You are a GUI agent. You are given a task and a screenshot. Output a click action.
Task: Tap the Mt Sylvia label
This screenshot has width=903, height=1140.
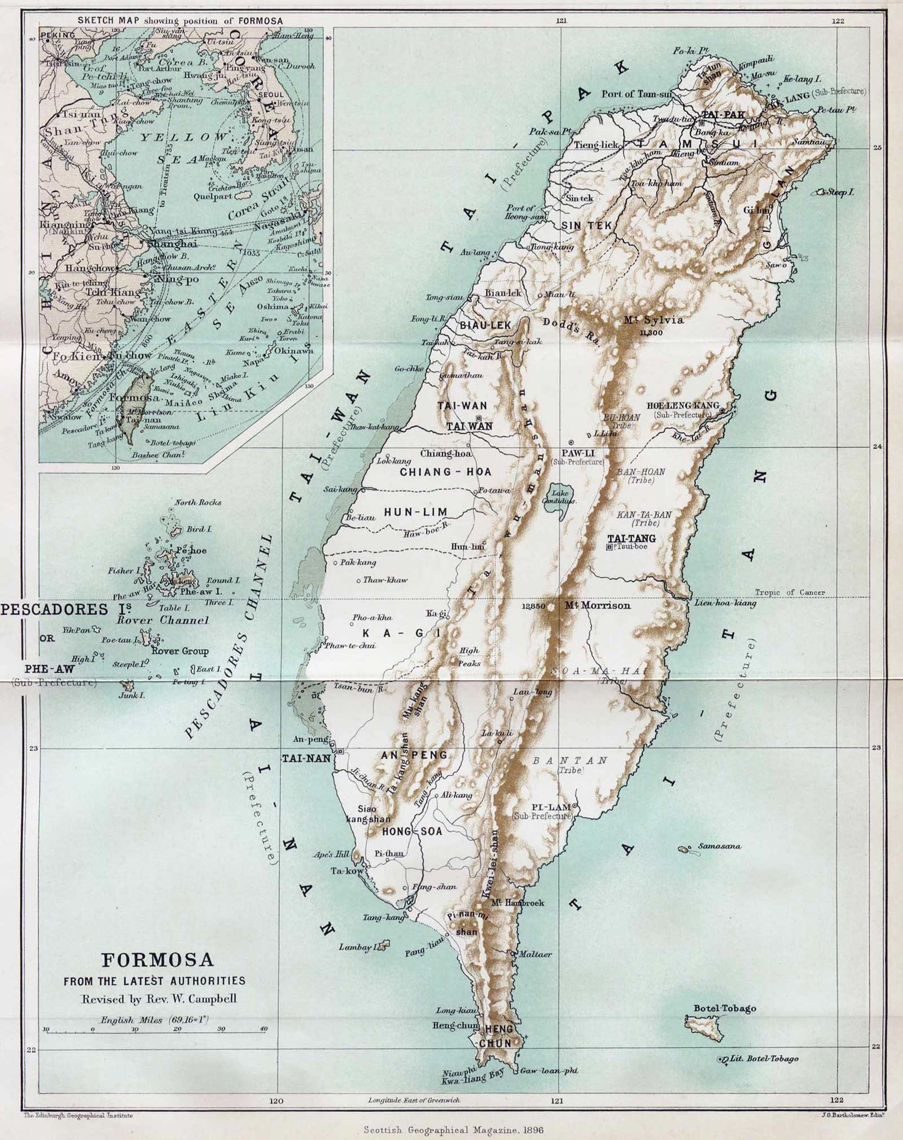pos(654,320)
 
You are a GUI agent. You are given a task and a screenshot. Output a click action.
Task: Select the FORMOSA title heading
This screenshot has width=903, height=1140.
pos(157,959)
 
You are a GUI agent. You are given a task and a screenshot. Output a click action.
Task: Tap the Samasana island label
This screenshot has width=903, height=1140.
pos(720,847)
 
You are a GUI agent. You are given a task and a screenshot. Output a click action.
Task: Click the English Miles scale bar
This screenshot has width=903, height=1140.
pos(155,1030)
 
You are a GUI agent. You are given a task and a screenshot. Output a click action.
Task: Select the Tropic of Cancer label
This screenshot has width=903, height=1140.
pos(790,592)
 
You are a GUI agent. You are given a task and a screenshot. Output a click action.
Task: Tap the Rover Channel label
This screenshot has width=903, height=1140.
pos(163,620)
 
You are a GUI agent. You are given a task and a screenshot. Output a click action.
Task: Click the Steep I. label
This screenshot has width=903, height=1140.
pos(841,192)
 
